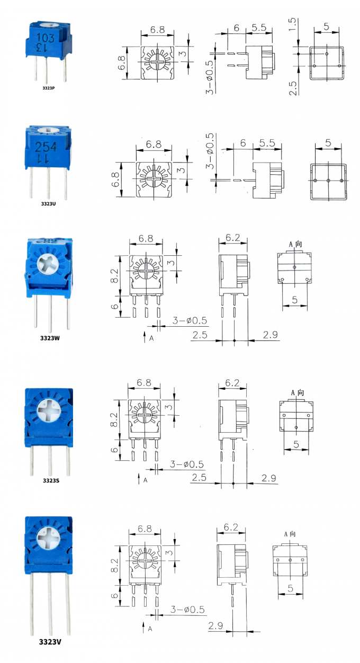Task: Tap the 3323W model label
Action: (x=49, y=337)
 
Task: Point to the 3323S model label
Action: (x=50, y=480)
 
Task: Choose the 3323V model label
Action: (x=50, y=642)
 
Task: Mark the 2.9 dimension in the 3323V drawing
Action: (x=215, y=626)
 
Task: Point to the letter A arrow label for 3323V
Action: (x=150, y=629)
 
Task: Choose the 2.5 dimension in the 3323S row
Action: (x=199, y=478)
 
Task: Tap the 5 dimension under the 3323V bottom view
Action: (x=291, y=588)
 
